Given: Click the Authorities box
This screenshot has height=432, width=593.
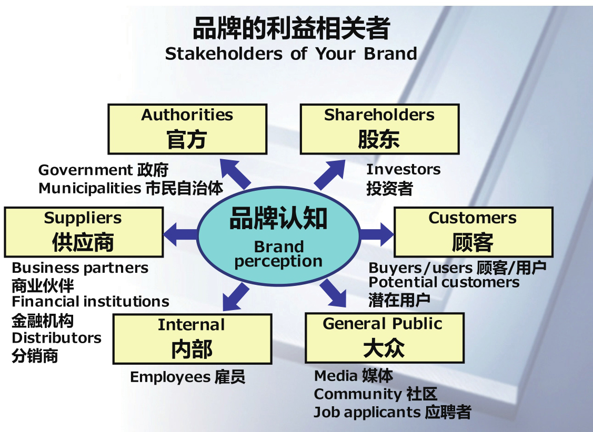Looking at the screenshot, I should click(x=187, y=129).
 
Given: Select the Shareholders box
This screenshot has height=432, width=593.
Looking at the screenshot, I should click(x=379, y=129).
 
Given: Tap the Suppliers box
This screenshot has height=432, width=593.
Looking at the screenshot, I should click(x=83, y=232).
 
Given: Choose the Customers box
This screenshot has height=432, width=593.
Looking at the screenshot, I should click(x=473, y=232).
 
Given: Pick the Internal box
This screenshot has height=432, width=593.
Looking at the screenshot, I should click(x=192, y=339).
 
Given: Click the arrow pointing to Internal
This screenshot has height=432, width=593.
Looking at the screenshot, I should click(x=234, y=297).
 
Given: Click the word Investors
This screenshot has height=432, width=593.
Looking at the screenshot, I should click(x=403, y=169).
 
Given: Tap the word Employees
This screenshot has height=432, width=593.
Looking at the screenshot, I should click(x=170, y=377).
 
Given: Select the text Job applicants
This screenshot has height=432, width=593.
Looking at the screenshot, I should click(x=367, y=412).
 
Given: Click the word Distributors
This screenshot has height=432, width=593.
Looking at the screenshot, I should click(x=56, y=337).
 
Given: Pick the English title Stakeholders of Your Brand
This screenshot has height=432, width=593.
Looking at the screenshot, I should click(x=291, y=54).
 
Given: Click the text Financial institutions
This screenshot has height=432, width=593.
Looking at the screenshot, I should click(x=91, y=302).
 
